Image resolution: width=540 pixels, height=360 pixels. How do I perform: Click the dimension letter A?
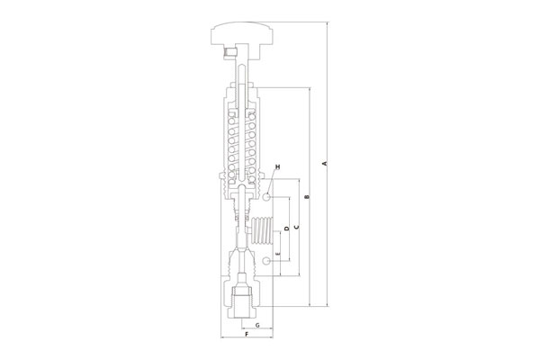[x=324, y=163]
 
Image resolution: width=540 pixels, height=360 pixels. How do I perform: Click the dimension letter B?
[x=307, y=197]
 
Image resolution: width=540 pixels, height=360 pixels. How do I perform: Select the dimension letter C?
[x=297, y=227]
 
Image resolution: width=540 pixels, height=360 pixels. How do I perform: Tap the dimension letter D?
[x=286, y=229]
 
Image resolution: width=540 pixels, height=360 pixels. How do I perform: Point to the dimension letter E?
[x=278, y=254]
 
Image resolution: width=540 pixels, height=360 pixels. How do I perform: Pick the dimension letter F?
[x=247, y=334]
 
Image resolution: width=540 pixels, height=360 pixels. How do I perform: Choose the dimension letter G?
[x=257, y=325]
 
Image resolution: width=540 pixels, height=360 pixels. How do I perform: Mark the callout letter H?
[x=278, y=166]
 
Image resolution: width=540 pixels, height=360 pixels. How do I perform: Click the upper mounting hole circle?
[x=267, y=197]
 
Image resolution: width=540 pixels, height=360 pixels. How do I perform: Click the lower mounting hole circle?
[x=267, y=262]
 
